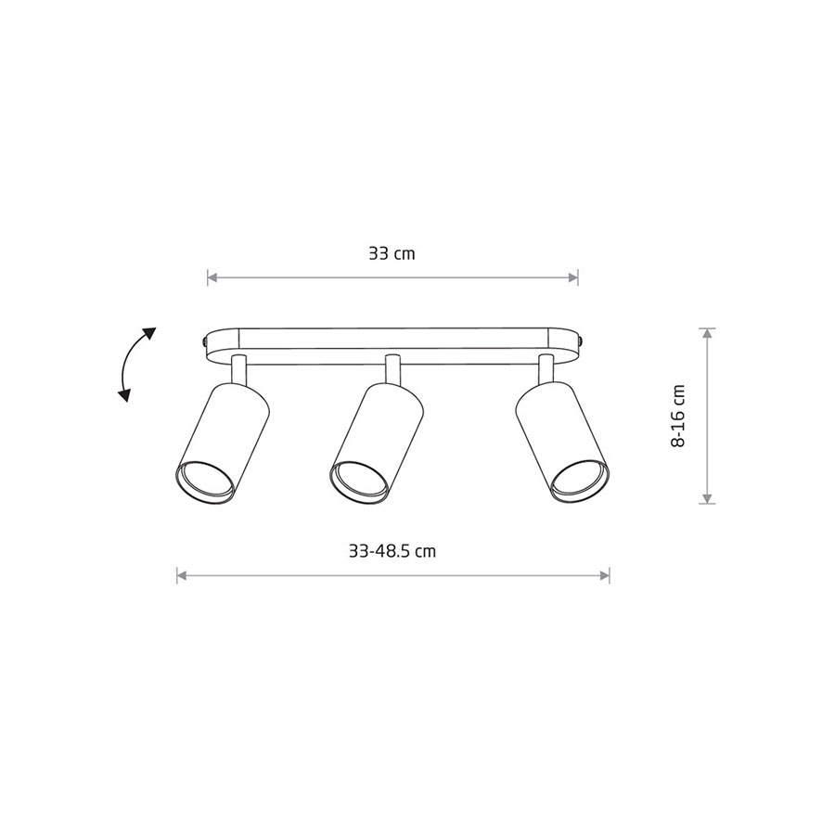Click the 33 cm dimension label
(x=392, y=253)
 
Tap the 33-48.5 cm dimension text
(x=392, y=550)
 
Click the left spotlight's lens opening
(x=205, y=482)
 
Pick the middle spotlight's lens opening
(x=359, y=482)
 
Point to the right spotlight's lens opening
(x=580, y=482)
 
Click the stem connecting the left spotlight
(x=239, y=369)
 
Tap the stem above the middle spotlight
(x=393, y=369)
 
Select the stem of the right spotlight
(x=546, y=369)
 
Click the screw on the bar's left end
(x=205, y=340)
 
